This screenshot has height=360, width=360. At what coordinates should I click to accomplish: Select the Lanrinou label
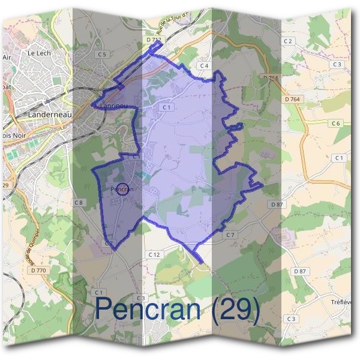(114, 106)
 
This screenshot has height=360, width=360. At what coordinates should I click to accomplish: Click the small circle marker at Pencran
(122, 189)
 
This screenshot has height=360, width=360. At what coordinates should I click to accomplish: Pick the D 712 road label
(154, 40)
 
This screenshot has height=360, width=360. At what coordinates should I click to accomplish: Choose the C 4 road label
(204, 65)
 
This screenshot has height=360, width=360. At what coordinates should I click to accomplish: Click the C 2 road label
(288, 41)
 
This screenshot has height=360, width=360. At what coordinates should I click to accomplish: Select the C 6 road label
(335, 123)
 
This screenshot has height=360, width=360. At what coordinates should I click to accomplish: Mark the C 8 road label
(78, 203)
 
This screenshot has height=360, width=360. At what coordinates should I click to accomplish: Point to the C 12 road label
(154, 255)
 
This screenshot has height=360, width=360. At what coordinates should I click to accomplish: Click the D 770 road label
(37, 271)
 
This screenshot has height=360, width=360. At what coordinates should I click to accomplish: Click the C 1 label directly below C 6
(340, 157)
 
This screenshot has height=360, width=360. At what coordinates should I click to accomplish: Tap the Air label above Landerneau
(7, 57)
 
